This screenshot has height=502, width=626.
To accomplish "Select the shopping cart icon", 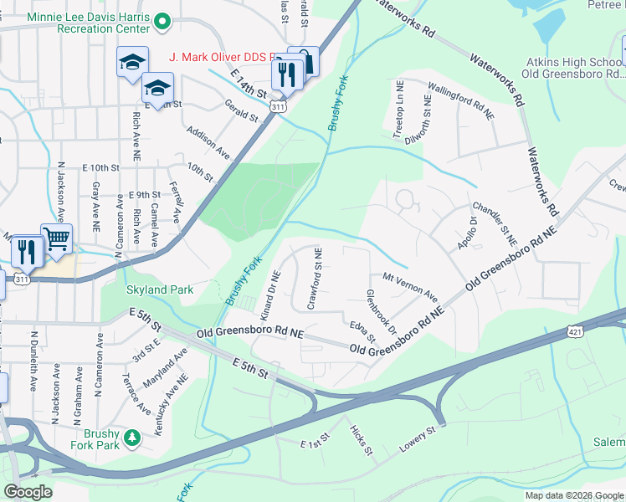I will tap(57, 239).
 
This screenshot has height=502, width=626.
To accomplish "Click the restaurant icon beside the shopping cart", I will tap(28, 250).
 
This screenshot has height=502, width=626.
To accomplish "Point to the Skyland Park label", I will tap(159, 290).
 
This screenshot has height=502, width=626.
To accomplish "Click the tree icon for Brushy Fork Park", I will tap(131, 437).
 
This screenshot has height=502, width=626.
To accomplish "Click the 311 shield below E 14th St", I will tap(279, 107).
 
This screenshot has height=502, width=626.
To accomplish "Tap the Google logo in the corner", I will tap(27, 491).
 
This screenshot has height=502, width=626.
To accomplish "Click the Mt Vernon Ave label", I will tap(410, 286).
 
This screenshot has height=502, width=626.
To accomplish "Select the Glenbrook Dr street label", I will tap(381, 312).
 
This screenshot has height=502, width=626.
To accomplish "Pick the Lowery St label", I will tap(418, 442).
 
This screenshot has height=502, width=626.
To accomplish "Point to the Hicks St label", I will tap(362, 438).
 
